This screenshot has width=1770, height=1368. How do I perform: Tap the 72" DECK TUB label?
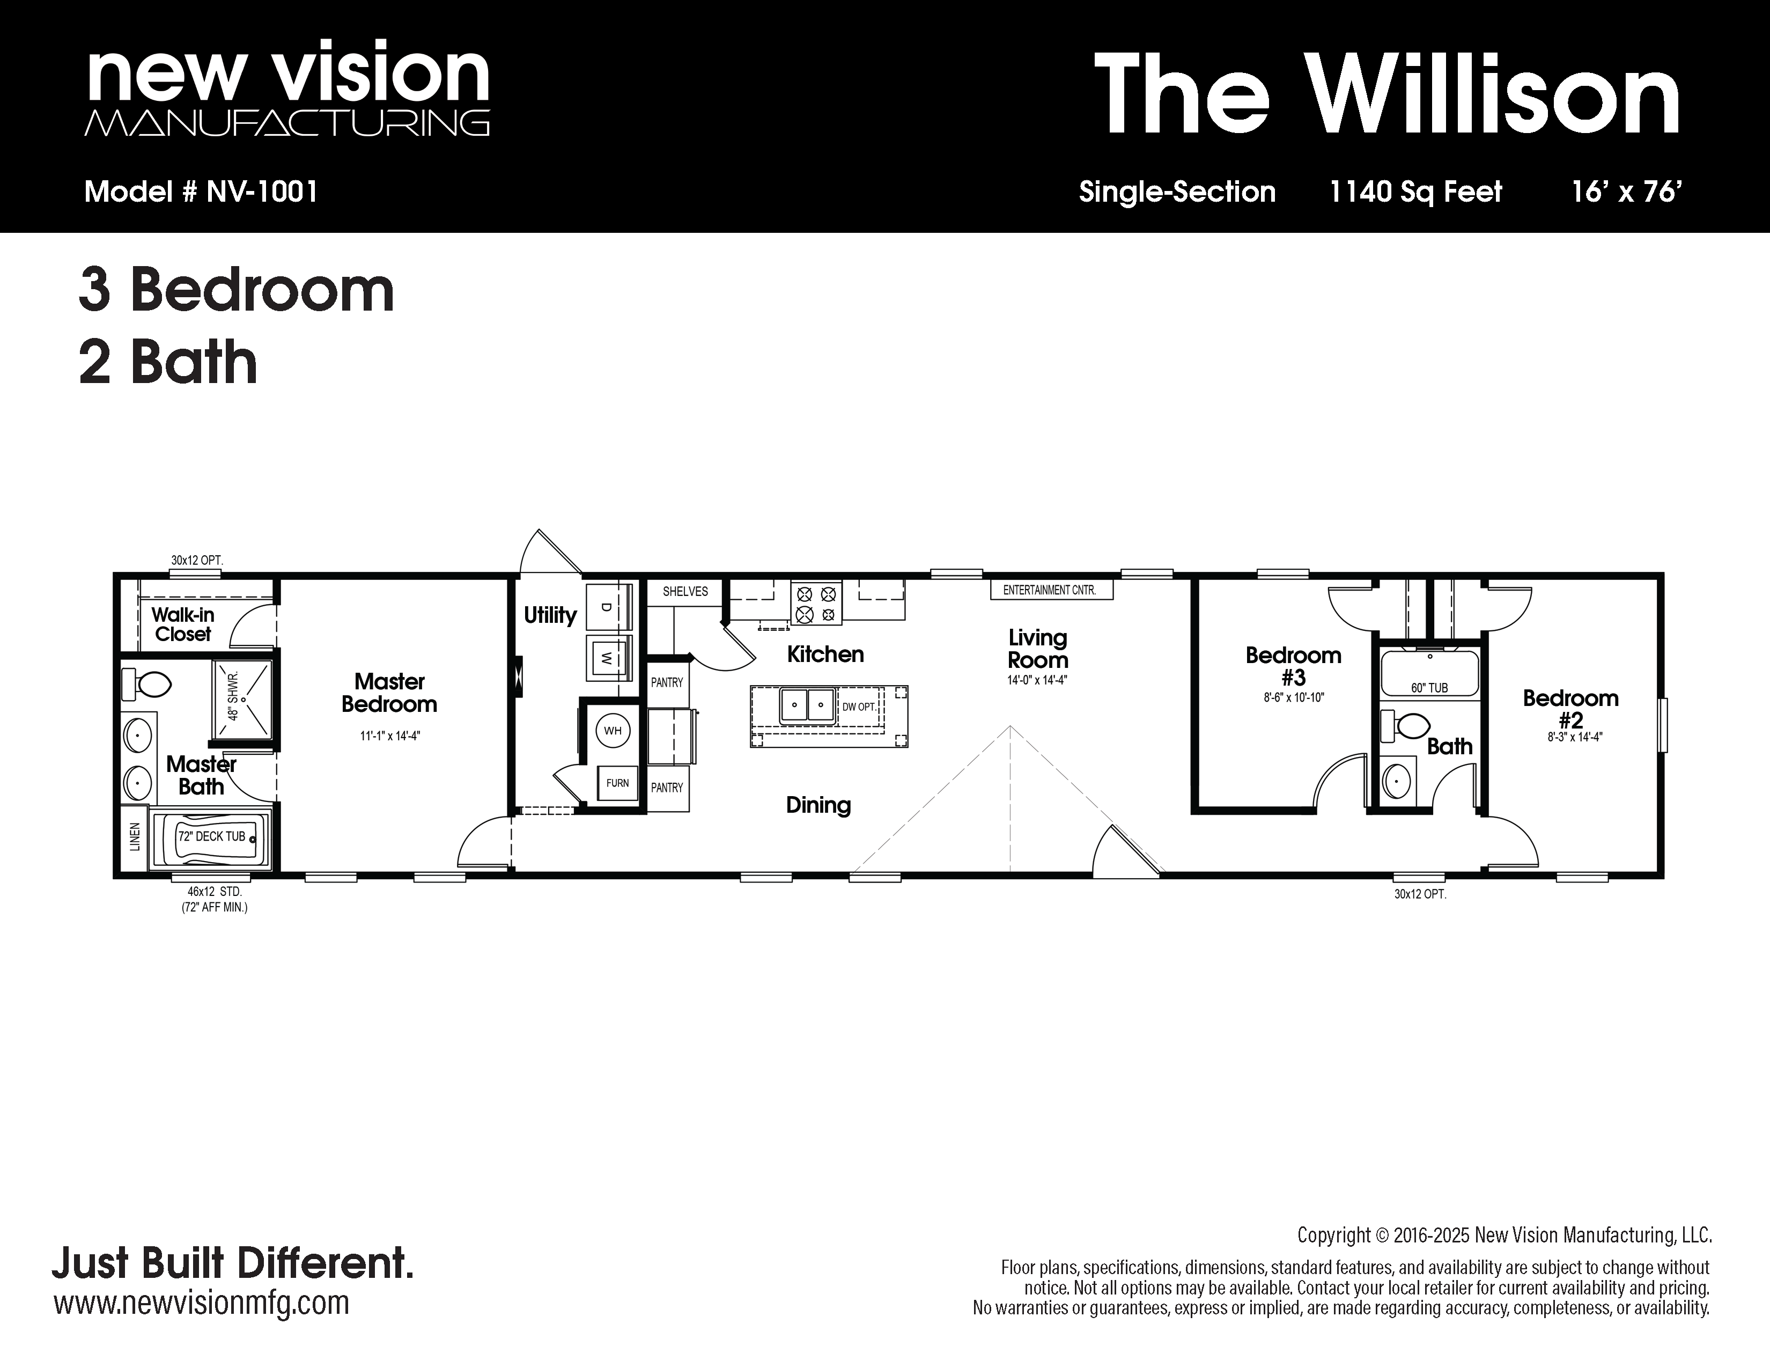tap(211, 836)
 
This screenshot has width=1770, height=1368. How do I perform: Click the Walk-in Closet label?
tap(183, 624)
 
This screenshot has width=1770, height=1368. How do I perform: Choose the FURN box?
tap(617, 783)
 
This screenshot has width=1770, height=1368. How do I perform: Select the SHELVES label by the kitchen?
tap(685, 592)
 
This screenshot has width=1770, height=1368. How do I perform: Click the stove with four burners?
tap(816, 603)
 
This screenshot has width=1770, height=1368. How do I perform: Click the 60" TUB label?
tap(1429, 688)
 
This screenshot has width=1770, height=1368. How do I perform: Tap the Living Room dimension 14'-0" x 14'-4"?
tap(1037, 681)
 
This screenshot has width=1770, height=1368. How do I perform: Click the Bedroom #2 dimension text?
tap(1570, 738)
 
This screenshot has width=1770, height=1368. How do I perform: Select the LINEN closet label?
tap(135, 836)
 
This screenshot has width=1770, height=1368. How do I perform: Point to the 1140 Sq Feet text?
tap(1416, 192)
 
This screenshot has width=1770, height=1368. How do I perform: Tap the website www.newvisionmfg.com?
tap(201, 1303)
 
